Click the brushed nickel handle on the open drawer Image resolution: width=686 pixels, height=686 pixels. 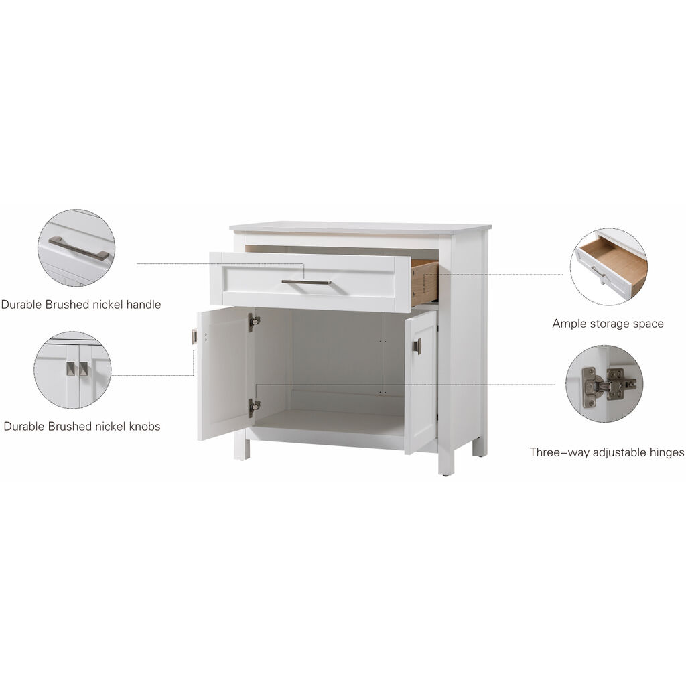[x=306, y=282]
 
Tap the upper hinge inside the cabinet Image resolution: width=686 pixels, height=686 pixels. [x=253, y=322]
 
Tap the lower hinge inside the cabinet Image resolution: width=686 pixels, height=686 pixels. [x=253, y=407]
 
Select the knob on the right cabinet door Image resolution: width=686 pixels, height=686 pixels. [x=417, y=346]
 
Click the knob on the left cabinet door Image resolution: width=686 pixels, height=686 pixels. [x=194, y=336]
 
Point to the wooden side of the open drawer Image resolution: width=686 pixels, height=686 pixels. [x=424, y=282]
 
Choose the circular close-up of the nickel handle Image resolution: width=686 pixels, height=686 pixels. [x=76, y=248]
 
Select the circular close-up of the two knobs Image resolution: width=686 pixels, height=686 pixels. [x=73, y=370]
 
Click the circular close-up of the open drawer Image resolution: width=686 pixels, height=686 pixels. [x=608, y=267]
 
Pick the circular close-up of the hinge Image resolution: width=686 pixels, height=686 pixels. [x=604, y=384]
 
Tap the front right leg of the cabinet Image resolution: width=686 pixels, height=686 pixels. [x=446, y=462]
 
